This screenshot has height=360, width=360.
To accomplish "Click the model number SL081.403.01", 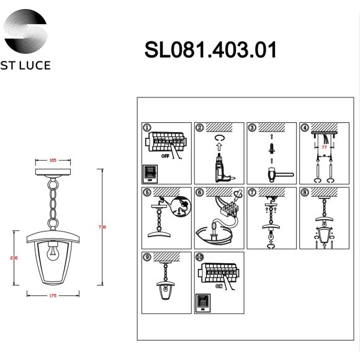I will click(210, 50).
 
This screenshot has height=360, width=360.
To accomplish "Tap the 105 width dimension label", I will click(53, 160).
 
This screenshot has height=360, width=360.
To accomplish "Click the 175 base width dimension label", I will click(53, 295).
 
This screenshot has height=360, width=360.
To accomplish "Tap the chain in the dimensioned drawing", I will click(53, 202).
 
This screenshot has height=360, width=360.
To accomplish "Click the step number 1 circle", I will click(147, 128).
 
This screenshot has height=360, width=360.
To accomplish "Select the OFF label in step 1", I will click(166, 157).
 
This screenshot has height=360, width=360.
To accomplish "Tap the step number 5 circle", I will click(147, 192).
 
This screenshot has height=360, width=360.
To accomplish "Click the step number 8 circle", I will click(304, 192).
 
